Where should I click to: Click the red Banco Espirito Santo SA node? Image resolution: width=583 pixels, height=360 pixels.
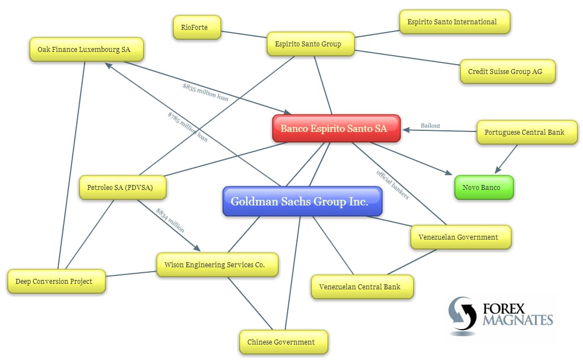tap(336, 129)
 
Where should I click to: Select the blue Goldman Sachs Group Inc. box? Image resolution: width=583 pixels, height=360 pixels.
tap(302, 202)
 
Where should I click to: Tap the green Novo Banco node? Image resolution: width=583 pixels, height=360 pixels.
tap(484, 188)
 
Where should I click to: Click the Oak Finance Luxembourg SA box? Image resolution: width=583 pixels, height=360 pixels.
tap(86, 50)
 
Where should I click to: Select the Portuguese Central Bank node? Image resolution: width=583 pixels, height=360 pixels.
tap(527, 133)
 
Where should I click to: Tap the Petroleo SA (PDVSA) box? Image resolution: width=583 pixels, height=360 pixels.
tap(123, 188)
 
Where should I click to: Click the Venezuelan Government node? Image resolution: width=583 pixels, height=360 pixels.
tap(460, 237)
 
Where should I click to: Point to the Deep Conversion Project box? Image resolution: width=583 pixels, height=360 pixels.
tap(56, 282)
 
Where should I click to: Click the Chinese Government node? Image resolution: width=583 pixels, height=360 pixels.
tap(283, 342)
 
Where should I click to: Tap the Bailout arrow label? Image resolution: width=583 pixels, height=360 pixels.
tap(430, 126)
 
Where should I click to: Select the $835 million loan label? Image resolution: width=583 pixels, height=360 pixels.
tap(205, 92)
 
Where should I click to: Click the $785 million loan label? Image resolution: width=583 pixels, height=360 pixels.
tap(188, 127)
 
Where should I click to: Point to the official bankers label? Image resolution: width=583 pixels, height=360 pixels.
tap(393, 185)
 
